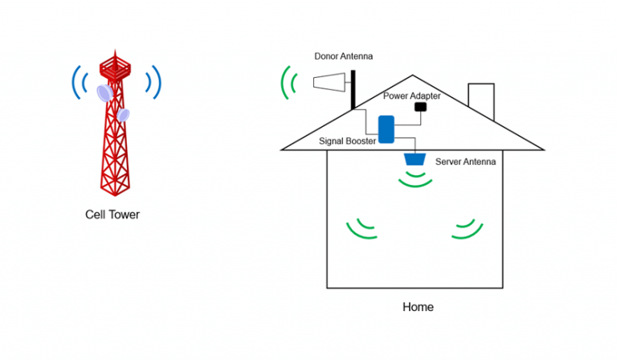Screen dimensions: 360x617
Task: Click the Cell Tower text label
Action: pos(112,215)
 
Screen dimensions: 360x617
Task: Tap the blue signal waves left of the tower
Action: pos(78,82)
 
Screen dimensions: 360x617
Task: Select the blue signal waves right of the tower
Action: pos(153,82)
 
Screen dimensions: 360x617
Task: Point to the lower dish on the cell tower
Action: pos(122,114)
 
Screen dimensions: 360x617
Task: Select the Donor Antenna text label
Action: pos(343,56)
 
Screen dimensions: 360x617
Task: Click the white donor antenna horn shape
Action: pos(329,82)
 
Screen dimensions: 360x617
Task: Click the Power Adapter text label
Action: pos(412,96)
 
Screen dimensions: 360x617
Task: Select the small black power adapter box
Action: pos(419,106)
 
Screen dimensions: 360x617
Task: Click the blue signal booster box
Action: pos(386,129)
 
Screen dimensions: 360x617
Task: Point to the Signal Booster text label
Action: pos(347,141)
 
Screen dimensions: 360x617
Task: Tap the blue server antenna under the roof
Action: pos(415,159)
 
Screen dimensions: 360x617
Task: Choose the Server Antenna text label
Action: pos(465,162)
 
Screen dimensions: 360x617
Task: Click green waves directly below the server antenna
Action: pos(415,181)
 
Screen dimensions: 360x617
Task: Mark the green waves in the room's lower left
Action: pos(361,229)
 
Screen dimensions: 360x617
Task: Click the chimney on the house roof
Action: pos(480,100)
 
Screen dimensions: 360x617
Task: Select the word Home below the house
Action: pos(417,307)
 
